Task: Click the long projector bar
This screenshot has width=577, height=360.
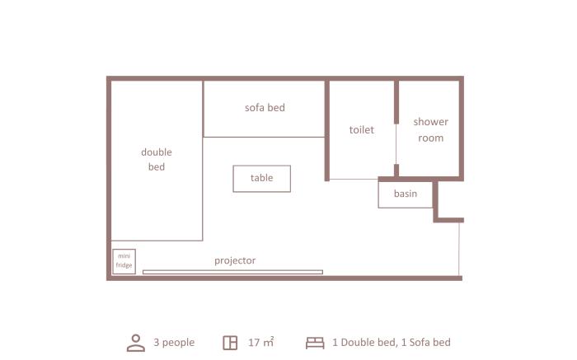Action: (232, 272)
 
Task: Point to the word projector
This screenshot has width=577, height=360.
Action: (235, 260)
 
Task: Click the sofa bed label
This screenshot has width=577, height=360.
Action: (265, 108)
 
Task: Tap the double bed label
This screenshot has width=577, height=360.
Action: (157, 159)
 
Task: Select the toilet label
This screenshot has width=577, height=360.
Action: (361, 130)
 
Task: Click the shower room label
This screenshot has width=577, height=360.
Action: (430, 130)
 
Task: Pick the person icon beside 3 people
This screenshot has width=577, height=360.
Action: (136, 343)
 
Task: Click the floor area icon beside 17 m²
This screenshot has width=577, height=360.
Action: (230, 343)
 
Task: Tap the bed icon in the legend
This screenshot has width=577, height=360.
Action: (315, 343)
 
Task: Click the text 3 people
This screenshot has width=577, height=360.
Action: (174, 343)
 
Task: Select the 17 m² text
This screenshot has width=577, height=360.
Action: (261, 343)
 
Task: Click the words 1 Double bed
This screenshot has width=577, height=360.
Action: (364, 343)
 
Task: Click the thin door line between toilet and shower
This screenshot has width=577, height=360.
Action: (396, 144)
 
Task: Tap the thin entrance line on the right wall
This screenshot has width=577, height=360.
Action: (459, 249)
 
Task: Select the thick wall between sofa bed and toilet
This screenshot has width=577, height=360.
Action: (326, 130)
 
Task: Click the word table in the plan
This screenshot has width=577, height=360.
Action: (261, 178)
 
